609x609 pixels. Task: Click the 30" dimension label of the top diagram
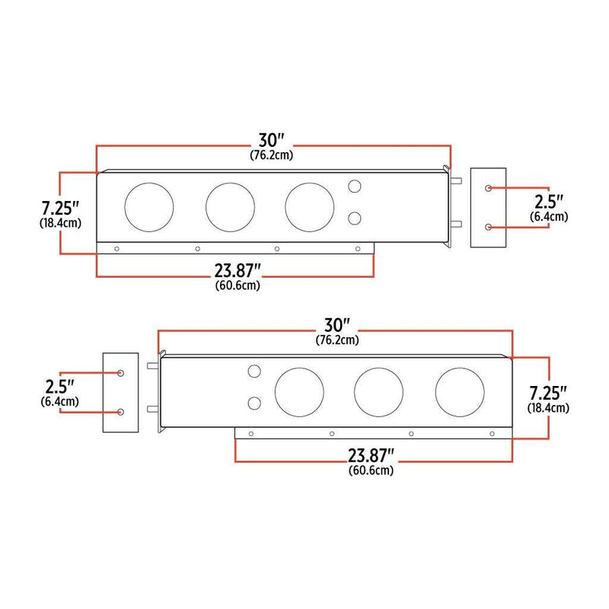point(272,140)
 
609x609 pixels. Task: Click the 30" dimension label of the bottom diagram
point(336,326)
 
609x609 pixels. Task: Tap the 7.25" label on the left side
point(60,207)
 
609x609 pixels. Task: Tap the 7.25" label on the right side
point(549,393)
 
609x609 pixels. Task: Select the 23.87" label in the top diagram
point(238,271)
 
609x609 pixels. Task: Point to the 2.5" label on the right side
point(548,202)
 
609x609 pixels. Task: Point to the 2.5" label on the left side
point(60,386)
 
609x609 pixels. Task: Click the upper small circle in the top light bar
point(354,187)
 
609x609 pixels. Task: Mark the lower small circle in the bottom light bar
point(254,403)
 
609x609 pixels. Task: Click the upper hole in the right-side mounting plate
point(488,187)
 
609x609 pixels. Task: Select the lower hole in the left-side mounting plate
point(121,412)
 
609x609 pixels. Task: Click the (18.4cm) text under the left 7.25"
point(60,224)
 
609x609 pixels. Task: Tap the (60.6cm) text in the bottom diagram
point(371,471)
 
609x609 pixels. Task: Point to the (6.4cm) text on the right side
point(548,218)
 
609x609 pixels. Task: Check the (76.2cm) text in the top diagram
point(272,155)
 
